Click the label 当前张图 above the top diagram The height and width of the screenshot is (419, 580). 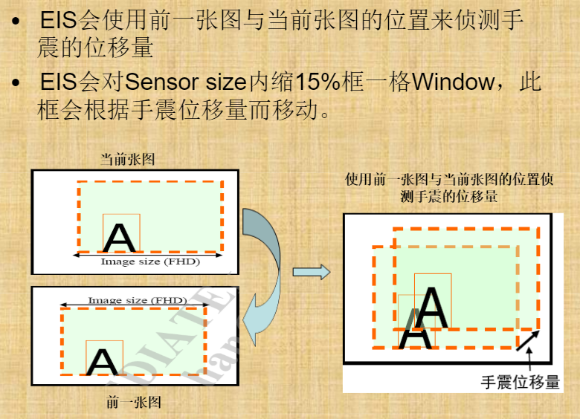127,159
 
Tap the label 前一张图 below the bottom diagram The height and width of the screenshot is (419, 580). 133,403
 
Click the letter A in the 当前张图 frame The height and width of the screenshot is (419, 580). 119,237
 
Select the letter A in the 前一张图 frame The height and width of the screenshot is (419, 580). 102,362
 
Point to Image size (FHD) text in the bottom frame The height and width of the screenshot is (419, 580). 137,300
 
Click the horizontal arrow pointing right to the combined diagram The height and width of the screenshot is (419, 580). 311,272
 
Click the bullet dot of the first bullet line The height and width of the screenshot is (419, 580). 17,23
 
